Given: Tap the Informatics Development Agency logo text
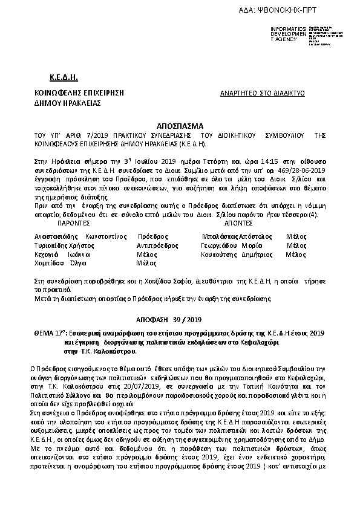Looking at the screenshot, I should coord(287,34).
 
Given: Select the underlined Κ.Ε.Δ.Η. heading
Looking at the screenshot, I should coord(64,77).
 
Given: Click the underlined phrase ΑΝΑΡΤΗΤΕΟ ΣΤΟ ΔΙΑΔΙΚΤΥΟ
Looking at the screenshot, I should coord(262,94).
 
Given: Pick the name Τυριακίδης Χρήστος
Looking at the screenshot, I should coord(57,245).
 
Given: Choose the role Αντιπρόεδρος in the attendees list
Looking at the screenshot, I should coord(157,245).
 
